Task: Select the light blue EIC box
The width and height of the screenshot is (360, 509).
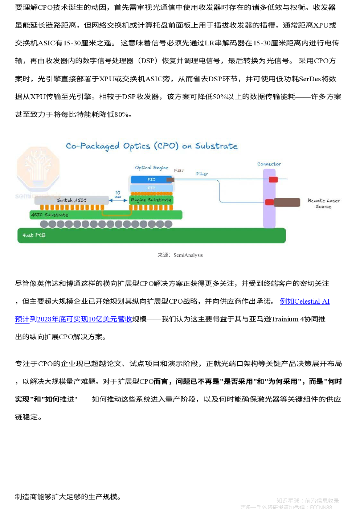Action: click(x=151, y=188)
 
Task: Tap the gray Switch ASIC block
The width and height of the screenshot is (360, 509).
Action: click(x=71, y=200)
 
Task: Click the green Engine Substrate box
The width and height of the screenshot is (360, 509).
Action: click(x=151, y=200)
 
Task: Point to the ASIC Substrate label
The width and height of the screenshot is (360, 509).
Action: click(x=50, y=215)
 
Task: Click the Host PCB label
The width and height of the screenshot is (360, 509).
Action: click(x=34, y=235)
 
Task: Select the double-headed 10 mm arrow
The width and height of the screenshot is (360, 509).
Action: click(x=118, y=200)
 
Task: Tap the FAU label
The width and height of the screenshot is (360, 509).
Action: click(x=179, y=171)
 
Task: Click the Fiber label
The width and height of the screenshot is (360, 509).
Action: click(x=202, y=174)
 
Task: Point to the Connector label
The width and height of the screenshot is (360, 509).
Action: click(x=269, y=164)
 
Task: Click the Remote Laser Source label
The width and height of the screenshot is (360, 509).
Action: click(x=323, y=203)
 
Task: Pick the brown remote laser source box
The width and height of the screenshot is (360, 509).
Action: click(x=287, y=202)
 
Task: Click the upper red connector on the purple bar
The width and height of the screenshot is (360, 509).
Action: click(x=273, y=179)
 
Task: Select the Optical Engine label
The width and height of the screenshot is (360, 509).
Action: click(x=151, y=168)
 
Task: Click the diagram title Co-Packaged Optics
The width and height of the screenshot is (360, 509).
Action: click(x=151, y=146)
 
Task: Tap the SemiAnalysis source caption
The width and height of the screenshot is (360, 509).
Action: click(x=180, y=255)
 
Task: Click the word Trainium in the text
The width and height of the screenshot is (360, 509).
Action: click(x=285, y=319)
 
